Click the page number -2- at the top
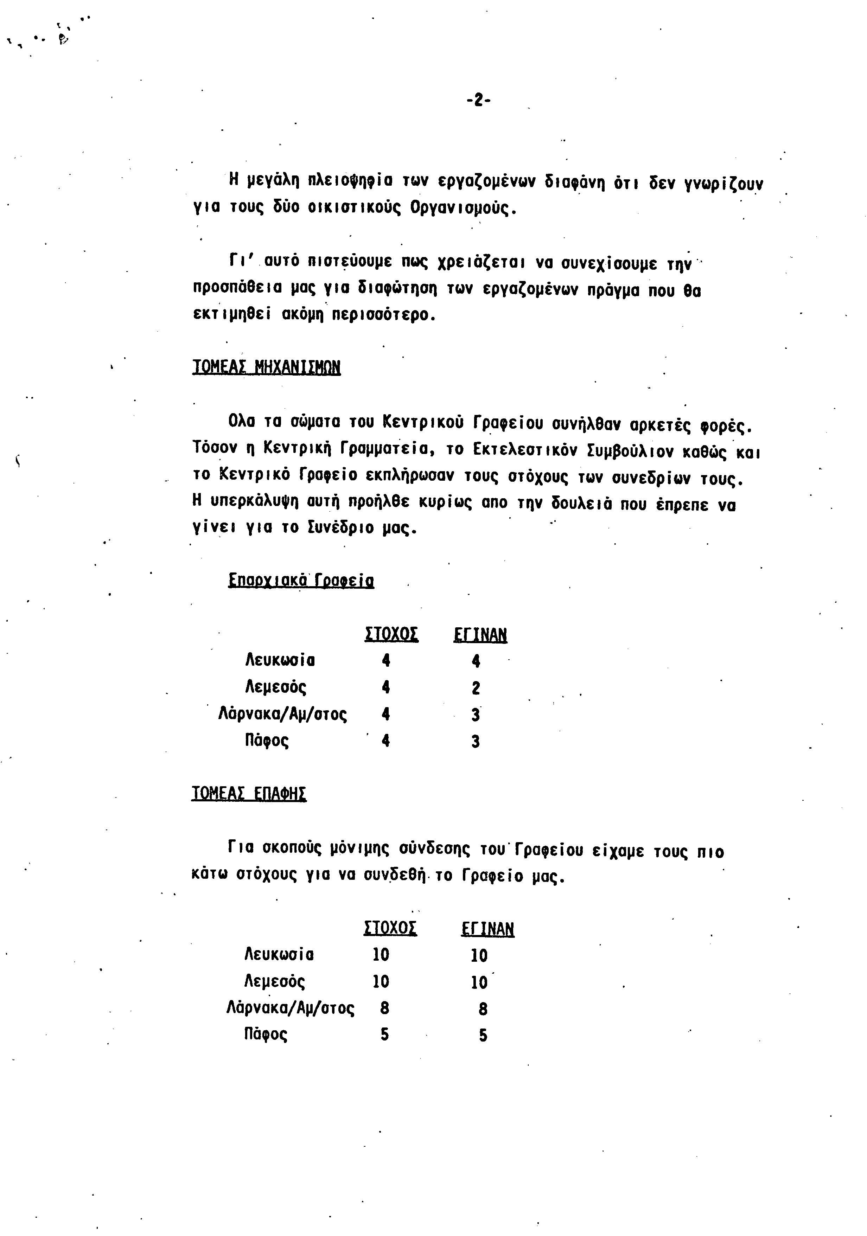[478, 100]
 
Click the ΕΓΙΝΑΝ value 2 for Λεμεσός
[476, 687]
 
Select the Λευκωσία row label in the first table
[280, 660]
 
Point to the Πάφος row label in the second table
[266, 1034]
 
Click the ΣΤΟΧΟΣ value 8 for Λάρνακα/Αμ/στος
[384, 1008]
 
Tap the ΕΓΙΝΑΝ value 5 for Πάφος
[483, 1035]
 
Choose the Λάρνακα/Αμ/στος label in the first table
[283, 715]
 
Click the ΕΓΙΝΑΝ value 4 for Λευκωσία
[476, 660]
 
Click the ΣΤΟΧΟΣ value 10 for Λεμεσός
[381, 981]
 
